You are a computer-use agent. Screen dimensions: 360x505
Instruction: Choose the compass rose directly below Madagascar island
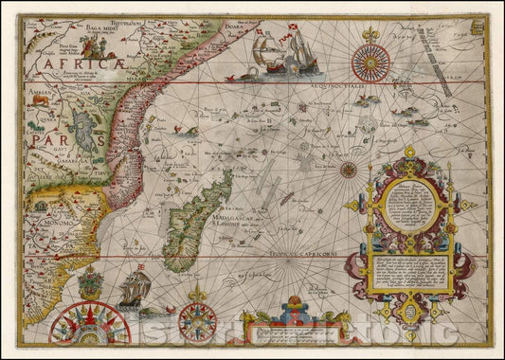pyautogui.click(x=197, y=320)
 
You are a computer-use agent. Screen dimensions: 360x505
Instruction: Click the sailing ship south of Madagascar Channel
pyautogui.click(x=133, y=290)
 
